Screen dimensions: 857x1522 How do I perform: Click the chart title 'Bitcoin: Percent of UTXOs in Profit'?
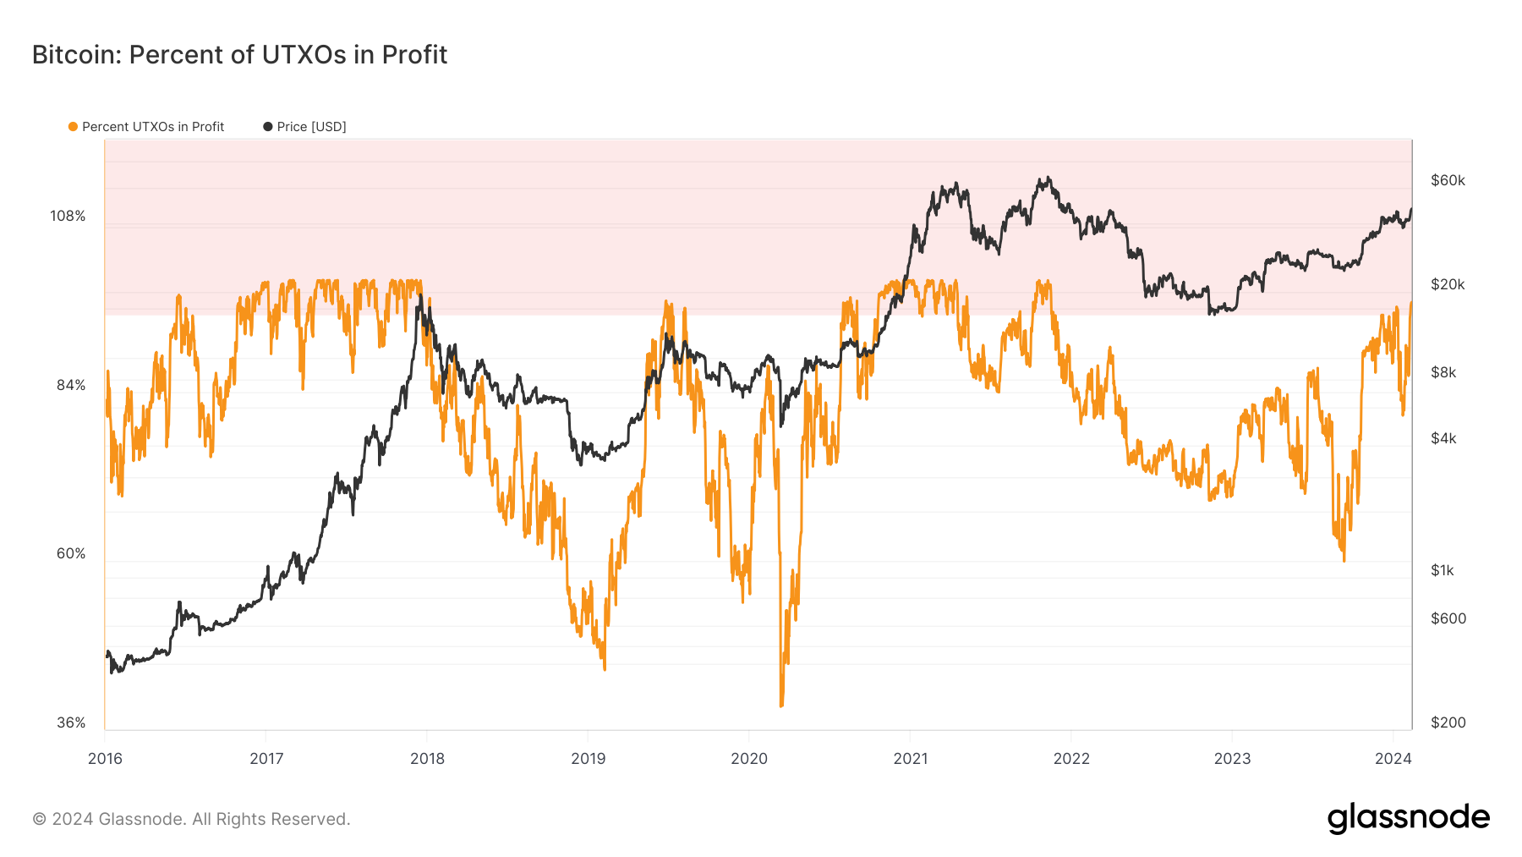pos(239,55)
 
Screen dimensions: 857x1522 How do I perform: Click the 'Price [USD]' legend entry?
pos(305,127)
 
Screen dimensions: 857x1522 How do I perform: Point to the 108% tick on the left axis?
pos(68,217)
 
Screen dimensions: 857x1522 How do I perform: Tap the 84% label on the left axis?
pos(71,386)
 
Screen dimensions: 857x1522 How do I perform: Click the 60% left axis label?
pos(71,554)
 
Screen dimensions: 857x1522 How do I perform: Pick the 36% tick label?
pos(71,723)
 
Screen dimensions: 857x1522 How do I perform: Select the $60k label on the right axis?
pos(1448,181)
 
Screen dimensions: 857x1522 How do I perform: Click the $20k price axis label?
pos(1448,285)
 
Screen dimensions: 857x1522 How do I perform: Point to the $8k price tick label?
pos(1443,373)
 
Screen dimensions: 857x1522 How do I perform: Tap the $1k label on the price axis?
pos(1443,571)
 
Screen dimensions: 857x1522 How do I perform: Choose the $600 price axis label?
pos(1448,619)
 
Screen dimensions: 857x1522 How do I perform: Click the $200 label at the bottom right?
pos(1448,723)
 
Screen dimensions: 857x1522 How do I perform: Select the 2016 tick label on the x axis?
pos(105,759)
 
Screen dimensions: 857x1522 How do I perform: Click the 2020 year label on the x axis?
pos(749,759)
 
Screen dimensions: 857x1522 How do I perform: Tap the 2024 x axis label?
pos(1393,759)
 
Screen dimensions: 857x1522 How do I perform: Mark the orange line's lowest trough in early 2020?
pos(781,705)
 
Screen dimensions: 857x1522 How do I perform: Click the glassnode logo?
pos(1408,818)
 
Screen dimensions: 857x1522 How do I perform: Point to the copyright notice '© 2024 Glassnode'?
pos(191,819)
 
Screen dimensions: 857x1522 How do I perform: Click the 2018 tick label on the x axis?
pos(427,759)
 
